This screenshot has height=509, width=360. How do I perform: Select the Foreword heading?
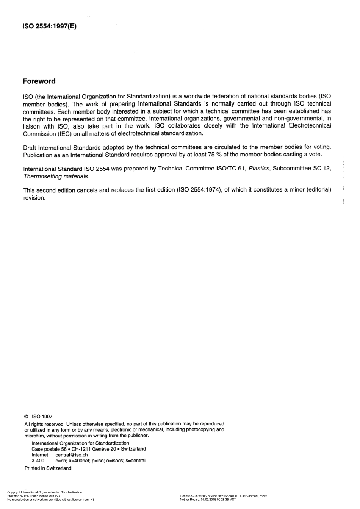[x=39, y=81]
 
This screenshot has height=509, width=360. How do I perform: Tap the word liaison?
[x=31, y=126]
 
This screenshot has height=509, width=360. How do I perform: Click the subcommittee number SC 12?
[x=321, y=169]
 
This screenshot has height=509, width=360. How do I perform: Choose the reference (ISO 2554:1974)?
[x=199, y=190]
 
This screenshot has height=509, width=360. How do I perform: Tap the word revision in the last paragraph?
[x=34, y=198]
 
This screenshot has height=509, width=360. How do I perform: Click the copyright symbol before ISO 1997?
[x=26, y=417]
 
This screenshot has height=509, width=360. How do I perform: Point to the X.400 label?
[x=38, y=461]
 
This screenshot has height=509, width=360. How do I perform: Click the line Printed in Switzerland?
[x=48, y=468]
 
